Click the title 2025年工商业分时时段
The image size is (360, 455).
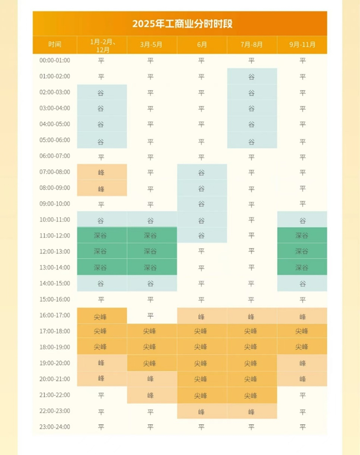pyautogui.click(x=179, y=24)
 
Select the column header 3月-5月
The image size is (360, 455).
pyautogui.click(x=151, y=44)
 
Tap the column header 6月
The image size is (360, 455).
pyautogui.click(x=201, y=44)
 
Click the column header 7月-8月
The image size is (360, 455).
pyautogui.click(x=252, y=44)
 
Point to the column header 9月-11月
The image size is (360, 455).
pyautogui.click(x=302, y=44)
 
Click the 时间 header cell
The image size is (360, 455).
pyautogui.click(x=54, y=44)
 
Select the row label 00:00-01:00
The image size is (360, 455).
pyautogui.click(x=54, y=60)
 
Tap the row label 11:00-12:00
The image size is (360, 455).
pyautogui.click(x=54, y=235)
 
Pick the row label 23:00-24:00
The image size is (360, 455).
pyautogui.click(x=54, y=426)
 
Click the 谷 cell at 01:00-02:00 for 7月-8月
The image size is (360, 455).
pyautogui.click(x=252, y=76)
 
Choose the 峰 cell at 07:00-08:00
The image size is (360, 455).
pyautogui.click(x=102, y=172)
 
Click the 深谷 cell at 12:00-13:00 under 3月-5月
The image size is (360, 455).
pyautogui.click(x=151, y=251)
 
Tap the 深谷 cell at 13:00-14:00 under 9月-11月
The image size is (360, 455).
pyautogui.click(x=302, y=267)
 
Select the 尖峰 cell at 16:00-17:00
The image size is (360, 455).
pyautogui.click(x=102, y=316)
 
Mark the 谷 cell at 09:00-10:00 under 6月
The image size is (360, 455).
pyautogui.click(x=201, y=204)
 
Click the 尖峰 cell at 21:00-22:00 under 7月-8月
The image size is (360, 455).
pyautogui.click(x=252, y=395)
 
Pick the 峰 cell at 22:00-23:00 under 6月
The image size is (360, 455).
pyautogui.click(x=201, y=411)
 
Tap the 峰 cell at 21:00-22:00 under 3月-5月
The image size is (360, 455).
pyautogui.click(x=151, y=395)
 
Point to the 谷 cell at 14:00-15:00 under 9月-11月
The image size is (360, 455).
pyautogui.click(x=302, y=283)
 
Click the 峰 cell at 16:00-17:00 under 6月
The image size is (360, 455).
pyautogui.click(x=201, y=316)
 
